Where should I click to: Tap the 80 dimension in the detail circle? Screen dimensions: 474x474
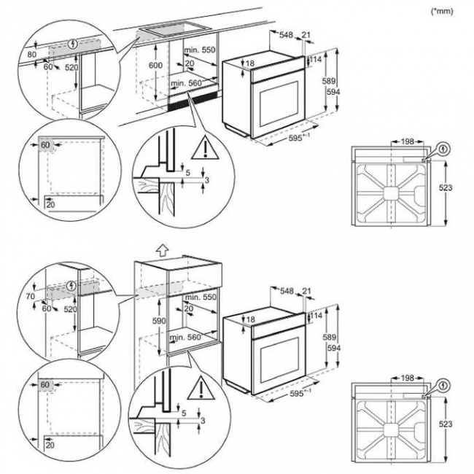pos(31,54)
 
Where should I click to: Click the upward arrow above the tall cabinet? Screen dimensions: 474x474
pos(162,249)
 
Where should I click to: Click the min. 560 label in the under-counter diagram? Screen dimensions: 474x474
pos(185,84)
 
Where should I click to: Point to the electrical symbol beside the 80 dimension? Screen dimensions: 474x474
pos(71,44)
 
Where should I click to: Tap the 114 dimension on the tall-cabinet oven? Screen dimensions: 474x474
pos(317,316)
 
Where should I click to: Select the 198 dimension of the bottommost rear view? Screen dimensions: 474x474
pos(407,378)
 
